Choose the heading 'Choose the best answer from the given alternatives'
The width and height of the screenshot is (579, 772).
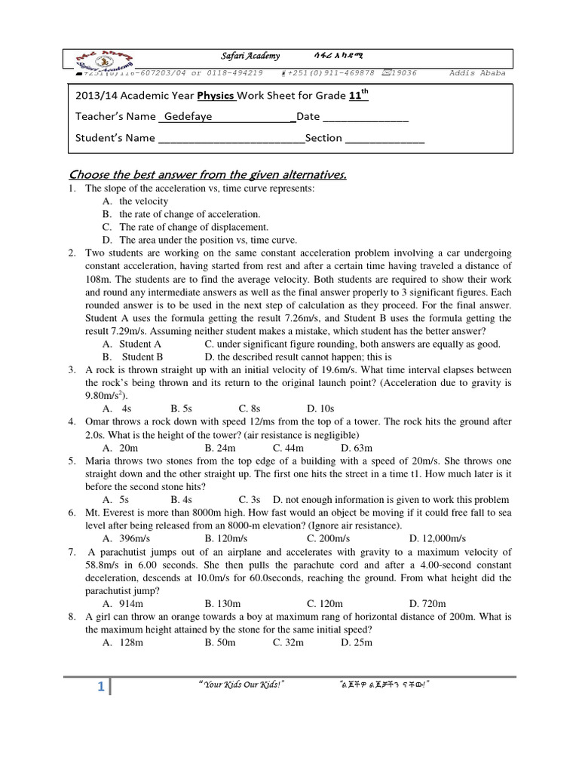(x=207, y=175)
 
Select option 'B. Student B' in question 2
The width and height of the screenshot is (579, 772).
(x=133, y=357)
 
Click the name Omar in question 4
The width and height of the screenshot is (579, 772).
(x=99, y=421)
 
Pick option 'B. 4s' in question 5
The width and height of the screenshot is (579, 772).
(x=181, y=499)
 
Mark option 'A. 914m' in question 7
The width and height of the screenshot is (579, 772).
(x=123, y=603)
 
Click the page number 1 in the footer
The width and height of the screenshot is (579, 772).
(x=100, y=687)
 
